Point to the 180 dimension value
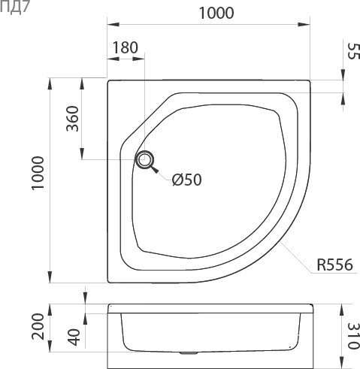point(125,47)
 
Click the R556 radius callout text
point(335,265)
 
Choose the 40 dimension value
point(72,337)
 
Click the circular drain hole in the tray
point(145,159)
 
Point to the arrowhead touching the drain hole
point(155,168)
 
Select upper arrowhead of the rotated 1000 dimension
point(51,82)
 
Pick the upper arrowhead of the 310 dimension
point(340,308)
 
